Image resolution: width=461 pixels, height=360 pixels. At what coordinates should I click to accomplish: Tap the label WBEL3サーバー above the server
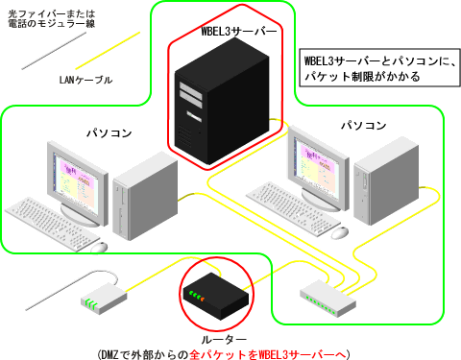(x=238, y=33)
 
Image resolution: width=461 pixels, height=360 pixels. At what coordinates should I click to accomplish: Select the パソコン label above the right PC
(x=364, y=125)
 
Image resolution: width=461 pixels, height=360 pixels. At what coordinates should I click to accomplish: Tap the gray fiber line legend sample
(x=53, y=50)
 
